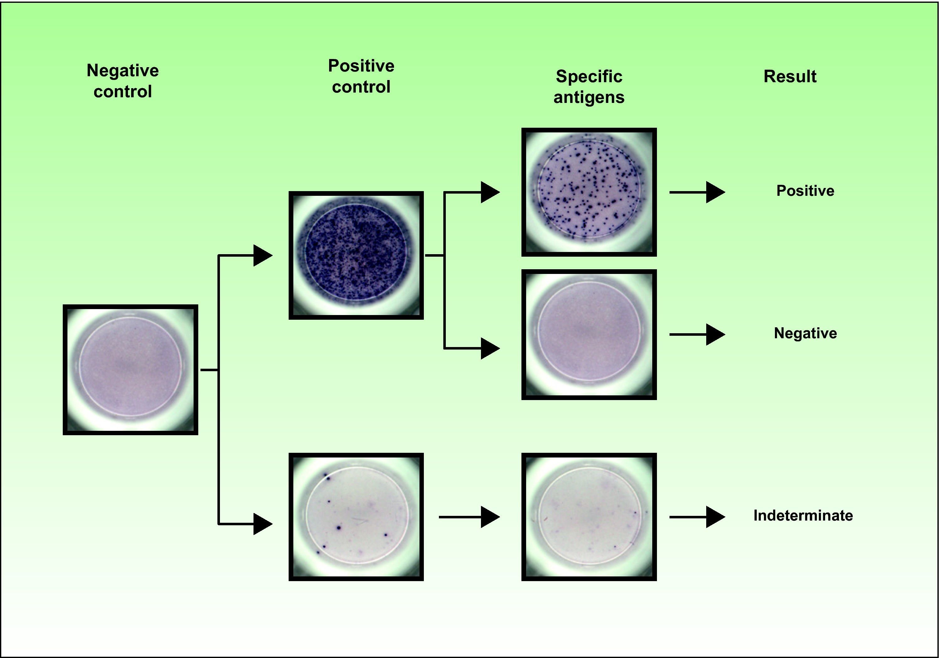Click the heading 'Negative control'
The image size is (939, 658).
(123, 81)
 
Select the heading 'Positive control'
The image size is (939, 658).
(361, 77)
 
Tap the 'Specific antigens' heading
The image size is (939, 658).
(589, 87)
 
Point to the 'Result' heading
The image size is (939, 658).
(790, 77)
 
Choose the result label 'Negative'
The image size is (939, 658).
(805, 333)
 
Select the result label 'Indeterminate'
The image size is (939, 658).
(803, 516)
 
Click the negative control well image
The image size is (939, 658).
(131, 370)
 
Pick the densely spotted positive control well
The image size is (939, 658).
(356, 255)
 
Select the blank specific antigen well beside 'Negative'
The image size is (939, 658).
(589, 334)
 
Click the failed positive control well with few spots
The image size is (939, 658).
(356, 517)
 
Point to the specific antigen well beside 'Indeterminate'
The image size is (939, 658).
(589, 517)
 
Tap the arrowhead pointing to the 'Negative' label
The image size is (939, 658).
(715, 334)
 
